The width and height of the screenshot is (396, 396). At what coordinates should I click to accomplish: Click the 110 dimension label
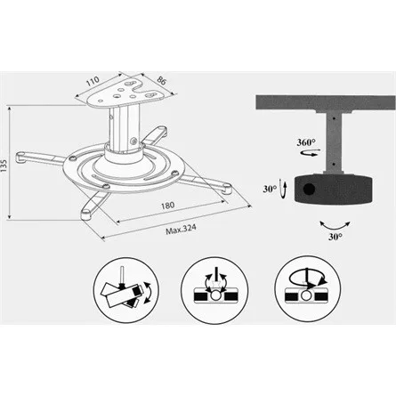coord(93,81)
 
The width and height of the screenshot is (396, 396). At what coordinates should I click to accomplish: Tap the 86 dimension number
coord(161,80)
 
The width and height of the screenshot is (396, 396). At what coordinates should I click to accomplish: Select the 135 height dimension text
coord(4,166)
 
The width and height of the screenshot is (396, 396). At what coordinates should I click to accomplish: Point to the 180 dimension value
coord(167,206)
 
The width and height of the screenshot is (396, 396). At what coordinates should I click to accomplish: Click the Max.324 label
coord(181,230)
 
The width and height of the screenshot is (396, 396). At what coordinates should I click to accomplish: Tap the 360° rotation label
coord(306,142)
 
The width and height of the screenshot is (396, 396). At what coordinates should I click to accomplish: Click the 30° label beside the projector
coord(270,189)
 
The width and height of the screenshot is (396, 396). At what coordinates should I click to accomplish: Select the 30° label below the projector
coord(335,237)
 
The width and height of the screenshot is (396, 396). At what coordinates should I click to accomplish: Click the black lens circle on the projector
coord(309,189)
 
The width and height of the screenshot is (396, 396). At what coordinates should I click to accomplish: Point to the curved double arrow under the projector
coord(335,227)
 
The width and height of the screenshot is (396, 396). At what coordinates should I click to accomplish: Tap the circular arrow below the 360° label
coord(311,153)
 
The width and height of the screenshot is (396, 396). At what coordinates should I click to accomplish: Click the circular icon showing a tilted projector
coord(126,290)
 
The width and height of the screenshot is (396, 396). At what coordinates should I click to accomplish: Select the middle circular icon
coord(214,290)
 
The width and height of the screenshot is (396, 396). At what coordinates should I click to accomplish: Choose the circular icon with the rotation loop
coord(308,289)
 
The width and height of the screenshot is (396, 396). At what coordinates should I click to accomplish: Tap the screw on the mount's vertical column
coord(133,141)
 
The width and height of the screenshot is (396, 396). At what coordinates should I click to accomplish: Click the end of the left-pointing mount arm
coord(21,157)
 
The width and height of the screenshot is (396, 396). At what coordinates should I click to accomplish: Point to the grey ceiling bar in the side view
coord(326,103)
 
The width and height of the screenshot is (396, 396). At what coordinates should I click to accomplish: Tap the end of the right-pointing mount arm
coord(227,189)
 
